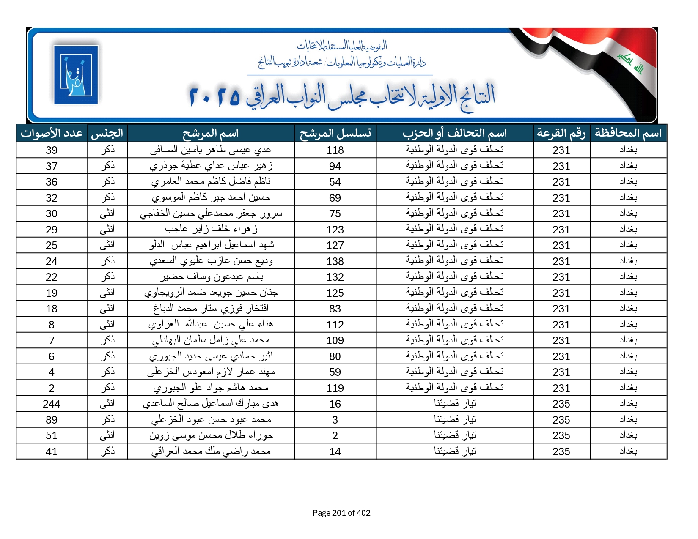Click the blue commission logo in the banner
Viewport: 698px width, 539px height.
76,75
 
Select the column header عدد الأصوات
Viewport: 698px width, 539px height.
52,133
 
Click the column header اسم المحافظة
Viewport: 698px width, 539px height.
628,133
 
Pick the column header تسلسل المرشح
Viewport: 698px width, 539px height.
335,133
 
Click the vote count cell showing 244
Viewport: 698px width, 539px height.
52,404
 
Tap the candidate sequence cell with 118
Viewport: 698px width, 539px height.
335,150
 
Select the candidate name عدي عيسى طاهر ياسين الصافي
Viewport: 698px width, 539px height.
211,150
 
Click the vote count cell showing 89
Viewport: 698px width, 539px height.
52,420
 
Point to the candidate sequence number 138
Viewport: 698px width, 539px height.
335,262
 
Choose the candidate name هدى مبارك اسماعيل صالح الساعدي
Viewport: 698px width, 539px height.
211,404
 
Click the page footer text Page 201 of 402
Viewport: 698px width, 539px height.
341,513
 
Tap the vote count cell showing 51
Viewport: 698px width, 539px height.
52,436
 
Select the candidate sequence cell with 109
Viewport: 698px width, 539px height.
335,341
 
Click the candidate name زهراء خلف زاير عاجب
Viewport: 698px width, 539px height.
211,230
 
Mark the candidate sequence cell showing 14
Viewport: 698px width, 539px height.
335,452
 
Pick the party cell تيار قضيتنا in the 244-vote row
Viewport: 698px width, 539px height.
455,404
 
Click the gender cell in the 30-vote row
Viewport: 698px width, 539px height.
107,213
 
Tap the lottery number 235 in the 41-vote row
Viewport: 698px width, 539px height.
561,452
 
